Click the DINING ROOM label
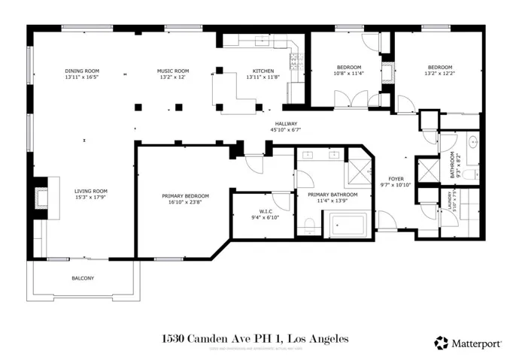click(82, 71)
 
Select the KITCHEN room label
click(263, 71)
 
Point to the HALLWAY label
click(286, 124)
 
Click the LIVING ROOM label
click(90, 191)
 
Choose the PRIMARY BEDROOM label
click(185, 196)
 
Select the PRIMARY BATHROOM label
click(332, 195)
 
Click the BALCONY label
click(83, 278)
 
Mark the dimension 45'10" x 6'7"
click(286, 130)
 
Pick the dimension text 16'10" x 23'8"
click(185, 202)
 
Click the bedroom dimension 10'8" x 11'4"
click(348, 74)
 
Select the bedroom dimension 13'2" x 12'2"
click(439, 74)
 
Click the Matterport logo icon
click(442, 343)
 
